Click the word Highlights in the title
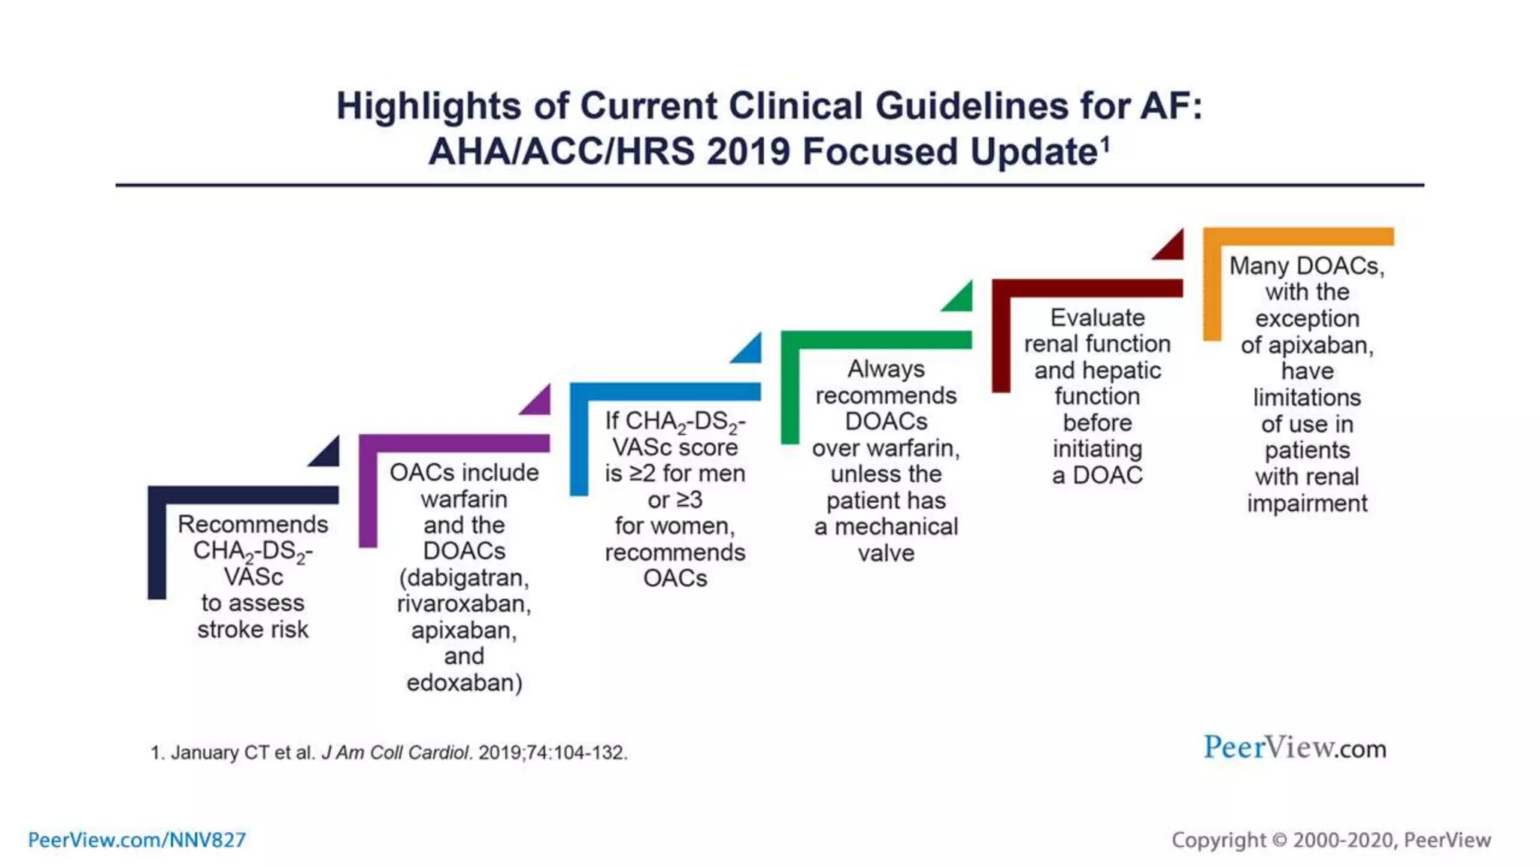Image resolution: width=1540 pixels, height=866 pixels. [x=428, y=106]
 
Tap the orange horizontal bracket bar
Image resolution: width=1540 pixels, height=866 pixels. [x=1299, y=236]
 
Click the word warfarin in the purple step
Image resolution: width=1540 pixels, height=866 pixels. [x=464, y=499]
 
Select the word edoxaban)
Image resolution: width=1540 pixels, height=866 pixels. [x=464, y=683]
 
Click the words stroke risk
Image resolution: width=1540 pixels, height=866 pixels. [x=253, y=629]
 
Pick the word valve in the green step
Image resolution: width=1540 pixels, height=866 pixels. [x=886, y=553]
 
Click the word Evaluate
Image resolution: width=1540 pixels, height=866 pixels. [x=1097, y=317]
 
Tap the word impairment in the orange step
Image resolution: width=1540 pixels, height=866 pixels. [x=1307, y=503]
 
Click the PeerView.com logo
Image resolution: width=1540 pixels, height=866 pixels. [x=1294, y=748]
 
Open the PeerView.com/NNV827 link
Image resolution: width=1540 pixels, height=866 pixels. [x=137, y=840]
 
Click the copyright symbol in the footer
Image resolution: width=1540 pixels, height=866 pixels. [x=1279, y=840]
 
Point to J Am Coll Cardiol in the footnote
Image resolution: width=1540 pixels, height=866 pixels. [x=396, y=752]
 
